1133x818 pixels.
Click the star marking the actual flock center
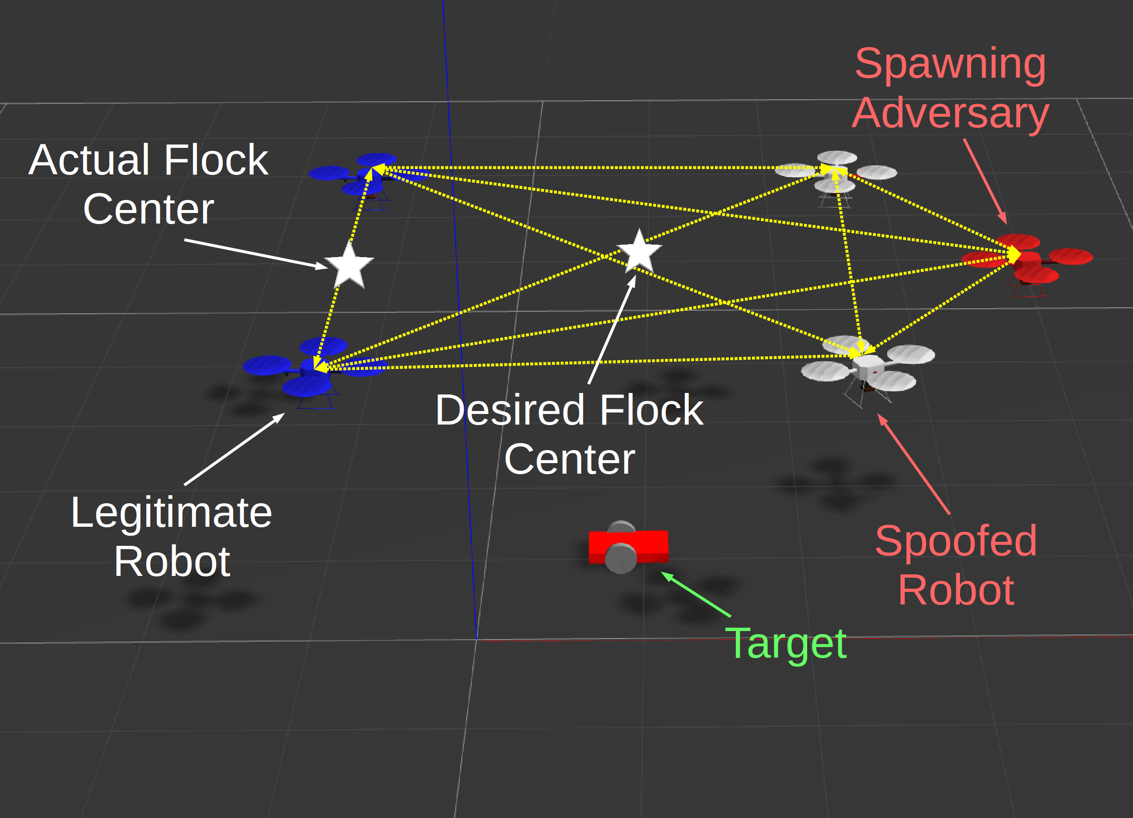(x=349, y=265)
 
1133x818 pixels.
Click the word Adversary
(x=950, y=113)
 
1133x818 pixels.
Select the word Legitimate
(x=171, y=513)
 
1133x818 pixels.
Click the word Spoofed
(x=956, y=541)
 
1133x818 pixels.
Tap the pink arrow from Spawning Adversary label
(x=985, y=180)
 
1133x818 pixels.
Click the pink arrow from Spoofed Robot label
(x=913, y=464)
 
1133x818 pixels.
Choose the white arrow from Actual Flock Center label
(x=256, y=254)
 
